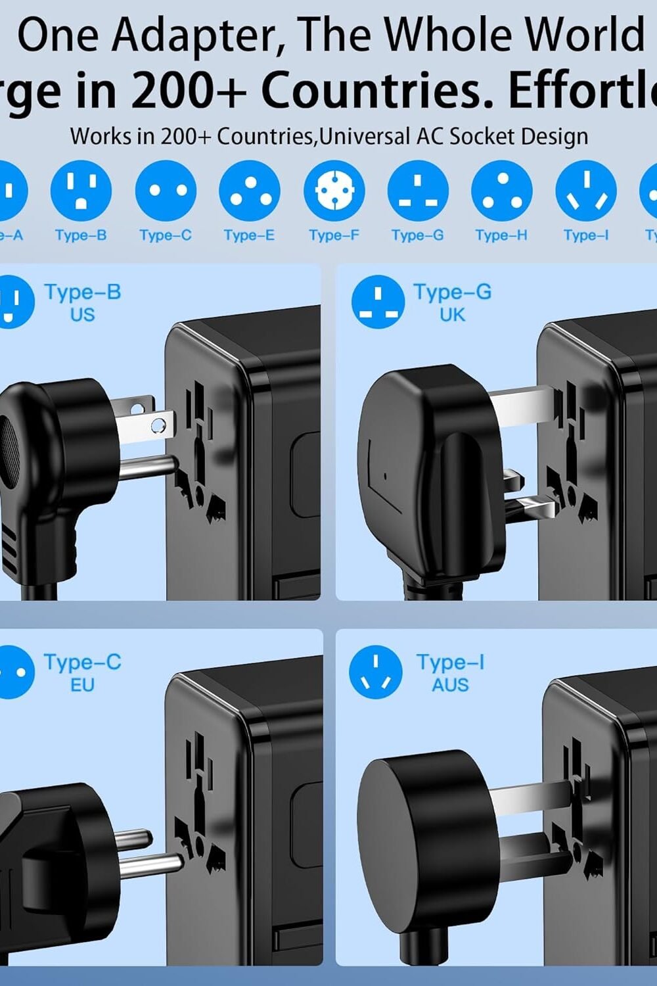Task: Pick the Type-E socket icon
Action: tap(249, 191)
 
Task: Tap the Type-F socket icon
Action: tap(334, 191)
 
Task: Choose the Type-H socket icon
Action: tap(501, 191)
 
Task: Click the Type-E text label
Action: tap(249, 235)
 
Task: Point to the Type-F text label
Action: tap(334, 235)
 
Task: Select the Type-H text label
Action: tap(501, 235)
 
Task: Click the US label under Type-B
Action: tap(83, 315)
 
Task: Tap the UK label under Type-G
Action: tap(452, 315)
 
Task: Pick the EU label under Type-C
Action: tap(83, 685)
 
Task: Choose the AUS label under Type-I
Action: tap(450, 685)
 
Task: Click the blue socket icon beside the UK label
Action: tap(378, 302)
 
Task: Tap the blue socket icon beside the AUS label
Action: tap(376, 672)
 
